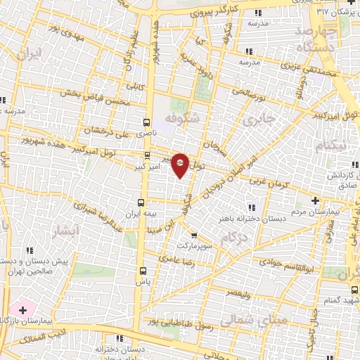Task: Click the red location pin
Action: tap(180, 165)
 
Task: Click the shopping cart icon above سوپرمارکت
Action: tap(193, 236)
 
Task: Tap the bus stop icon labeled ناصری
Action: tap(146, 122)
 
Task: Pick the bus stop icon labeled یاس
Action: tap(143, 270)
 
